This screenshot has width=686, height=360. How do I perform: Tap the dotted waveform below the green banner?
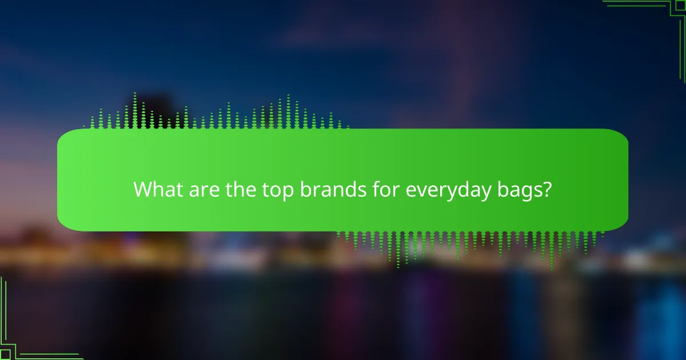point(469,243)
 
